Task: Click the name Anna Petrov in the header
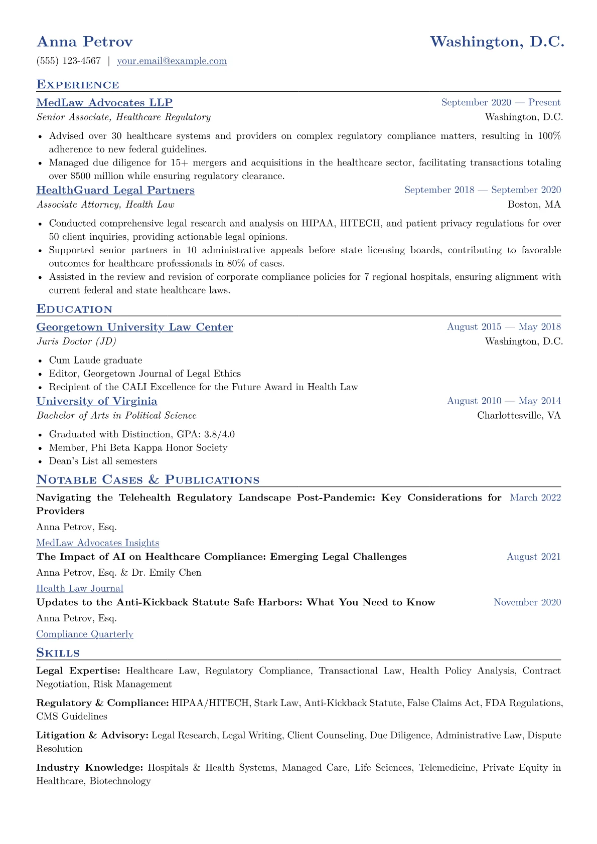click(x=84, y=42)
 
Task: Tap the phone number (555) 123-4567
click(x=69, y=61)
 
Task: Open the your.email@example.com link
click(x=172, y=61)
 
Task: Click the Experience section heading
click(x=78, y=85)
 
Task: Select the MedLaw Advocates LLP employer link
click(x=104, y=103)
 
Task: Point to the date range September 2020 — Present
click(x=501, y=103)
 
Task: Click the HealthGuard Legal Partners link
click(x=115, y=191)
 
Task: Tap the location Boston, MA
click(x=534, y=205)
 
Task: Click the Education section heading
click(x=74, y=309)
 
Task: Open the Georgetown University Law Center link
click(x=134, y=327)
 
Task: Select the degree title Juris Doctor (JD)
click(x=76, y=342)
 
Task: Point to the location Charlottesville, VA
click(x=519, y=416)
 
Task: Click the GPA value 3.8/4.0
click(x=219, y=434)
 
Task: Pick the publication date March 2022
click(x=535, y=498)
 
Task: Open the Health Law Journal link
click(x=80, y=589)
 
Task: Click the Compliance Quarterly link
click(x=85, y=634)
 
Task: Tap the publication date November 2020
click(x=527, y=603)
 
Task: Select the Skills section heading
click(x=58, y=653)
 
